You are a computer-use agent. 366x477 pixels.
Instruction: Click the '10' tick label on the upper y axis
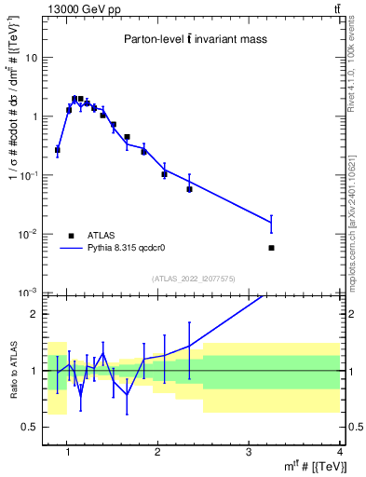pyautogui.click(x=30, y=58)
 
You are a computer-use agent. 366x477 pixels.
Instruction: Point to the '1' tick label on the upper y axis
pyautogui.click(x=34, y=116)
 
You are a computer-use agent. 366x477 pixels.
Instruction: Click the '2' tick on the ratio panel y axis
pyautogui.click(x=34, y=314)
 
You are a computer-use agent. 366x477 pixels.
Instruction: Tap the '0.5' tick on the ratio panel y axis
pyautogui.click(x=30, y=427)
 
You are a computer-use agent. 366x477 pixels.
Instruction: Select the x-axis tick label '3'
pyautogui.click(x=249, y=453)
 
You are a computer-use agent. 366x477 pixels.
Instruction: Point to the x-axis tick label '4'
pyautogui.click(x=339, y=453)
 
